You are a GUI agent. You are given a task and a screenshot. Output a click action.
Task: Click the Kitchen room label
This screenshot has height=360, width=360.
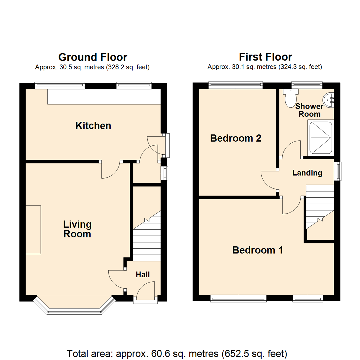click(x=93, y=126)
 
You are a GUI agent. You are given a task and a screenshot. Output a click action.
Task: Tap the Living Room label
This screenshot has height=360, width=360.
click(x=77, y=229)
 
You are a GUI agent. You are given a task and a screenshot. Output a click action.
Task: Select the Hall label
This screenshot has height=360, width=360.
click(x=143, y=275)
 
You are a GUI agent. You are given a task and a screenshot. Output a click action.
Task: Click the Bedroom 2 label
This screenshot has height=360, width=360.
click(x=235, y=138)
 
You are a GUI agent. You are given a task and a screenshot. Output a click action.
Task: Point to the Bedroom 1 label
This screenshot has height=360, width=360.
click(x=258, y=250)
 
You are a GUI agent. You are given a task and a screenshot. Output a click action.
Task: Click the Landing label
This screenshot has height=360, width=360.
click(x=307, y=173)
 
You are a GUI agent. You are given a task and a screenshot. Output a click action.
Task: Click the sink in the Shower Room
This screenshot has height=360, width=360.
click(x=329, y=99)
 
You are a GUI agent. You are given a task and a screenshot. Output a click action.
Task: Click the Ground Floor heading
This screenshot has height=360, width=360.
click(x=92, y=57)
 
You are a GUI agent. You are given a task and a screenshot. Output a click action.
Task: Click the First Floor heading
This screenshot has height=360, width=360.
click(x=265, y=57)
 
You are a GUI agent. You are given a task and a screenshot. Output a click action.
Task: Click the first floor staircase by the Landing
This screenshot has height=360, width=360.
click(x=319, y=207)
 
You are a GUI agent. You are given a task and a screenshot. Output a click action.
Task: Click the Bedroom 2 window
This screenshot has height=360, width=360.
click(x=236, y=85)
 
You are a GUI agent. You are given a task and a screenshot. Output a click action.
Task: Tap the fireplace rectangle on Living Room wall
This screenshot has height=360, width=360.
click(x=33, y=230)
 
